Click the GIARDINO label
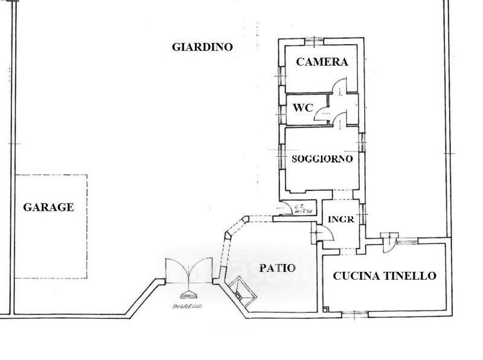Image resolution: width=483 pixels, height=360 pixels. tap(202, 47)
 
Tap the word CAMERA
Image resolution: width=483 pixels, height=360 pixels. tap(322, 62)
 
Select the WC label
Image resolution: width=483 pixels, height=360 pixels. tap(302, 109)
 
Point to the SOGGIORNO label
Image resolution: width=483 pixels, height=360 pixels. tap(322, 159)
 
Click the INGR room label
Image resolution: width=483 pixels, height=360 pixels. tap(341, 219)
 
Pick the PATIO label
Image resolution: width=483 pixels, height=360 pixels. tap(278, 268)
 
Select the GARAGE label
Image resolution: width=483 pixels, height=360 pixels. tap(48, 207)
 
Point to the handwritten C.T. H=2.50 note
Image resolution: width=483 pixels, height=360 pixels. tap(301, 208)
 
